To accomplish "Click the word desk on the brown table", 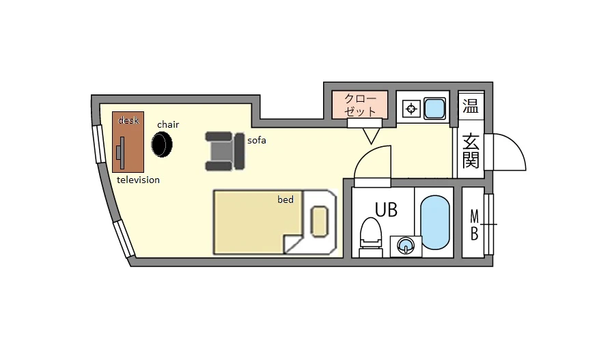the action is coord(128,120).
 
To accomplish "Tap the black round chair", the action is coord(162,144).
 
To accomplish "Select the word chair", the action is coord(168,124).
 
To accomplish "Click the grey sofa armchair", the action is coord(225,151).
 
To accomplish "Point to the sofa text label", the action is coord(257,140).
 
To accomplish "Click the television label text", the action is coord(138,180).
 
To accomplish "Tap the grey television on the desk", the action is coord(121,152).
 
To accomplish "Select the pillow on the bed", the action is coord(320,221).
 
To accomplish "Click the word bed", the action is coord(286,199).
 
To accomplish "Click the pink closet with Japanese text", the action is coord(360,105).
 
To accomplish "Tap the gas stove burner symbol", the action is coord(411,109).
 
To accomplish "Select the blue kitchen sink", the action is coord(434,108).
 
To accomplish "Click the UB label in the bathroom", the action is coord(386,210).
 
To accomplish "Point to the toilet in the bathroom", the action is coord(370,237).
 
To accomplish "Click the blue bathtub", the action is coord(435,222).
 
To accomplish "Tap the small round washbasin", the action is coord(406,247).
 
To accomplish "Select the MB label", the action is coord(474,225).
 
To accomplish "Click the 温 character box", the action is coord(471,106).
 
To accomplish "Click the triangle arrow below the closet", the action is coord(371,136).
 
